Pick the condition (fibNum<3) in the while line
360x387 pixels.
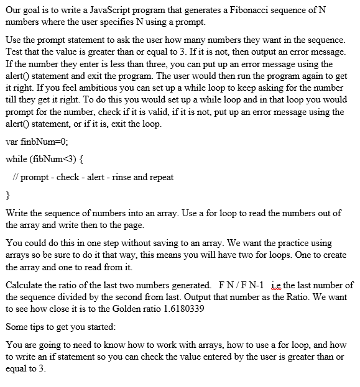[57, 159]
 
